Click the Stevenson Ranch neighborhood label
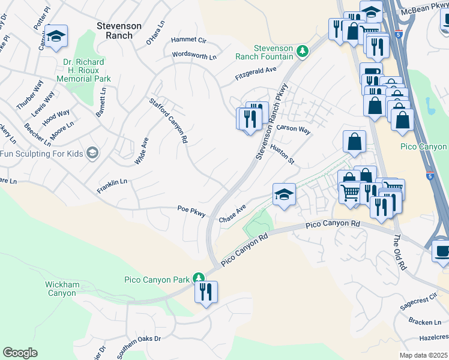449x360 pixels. click(x=119, y=31)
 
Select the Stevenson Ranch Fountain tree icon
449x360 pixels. click(x=303, y=51)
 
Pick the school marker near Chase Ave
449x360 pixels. click(x=284, y=194)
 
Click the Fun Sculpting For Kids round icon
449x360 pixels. click(x=92, y=154)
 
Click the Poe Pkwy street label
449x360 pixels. click(x=191, y=211)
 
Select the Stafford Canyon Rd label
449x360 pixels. click(x=169, y=121)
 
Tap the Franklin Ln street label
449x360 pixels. click(x=112, y=186)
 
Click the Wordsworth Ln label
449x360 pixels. click(x=194, y=56)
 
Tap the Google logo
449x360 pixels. click(x=20, y=353)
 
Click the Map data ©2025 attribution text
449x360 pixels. click(x=423, y=355)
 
